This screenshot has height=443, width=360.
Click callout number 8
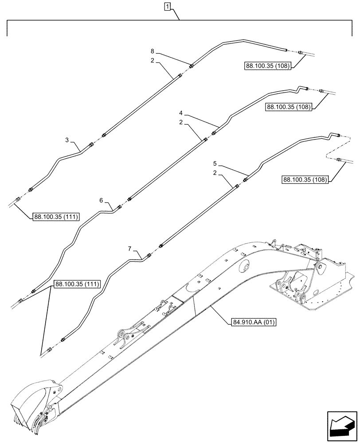pyautogui.click(x=152, y=51)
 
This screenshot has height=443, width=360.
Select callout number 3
pyautogui.click(x=67, y=140)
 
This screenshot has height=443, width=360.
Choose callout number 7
pyautogui.click(x=130, y=249)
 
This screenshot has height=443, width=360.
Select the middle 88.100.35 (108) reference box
pyautogui.click(x=289, y=106)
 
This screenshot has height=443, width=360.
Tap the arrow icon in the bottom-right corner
pyautogui.click(x=341, y=424)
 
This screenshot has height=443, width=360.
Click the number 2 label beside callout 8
pyautogui.click(x=152, y=60)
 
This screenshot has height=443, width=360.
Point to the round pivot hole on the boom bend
pyautogui.click(x=242, y=267)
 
